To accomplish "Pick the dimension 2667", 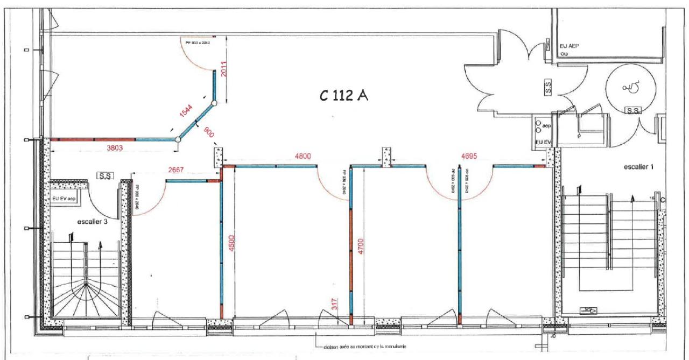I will (175, 170).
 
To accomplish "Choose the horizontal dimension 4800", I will (303, 157).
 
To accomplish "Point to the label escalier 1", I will (638, 167).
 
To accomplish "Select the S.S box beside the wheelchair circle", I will (632, 111).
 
